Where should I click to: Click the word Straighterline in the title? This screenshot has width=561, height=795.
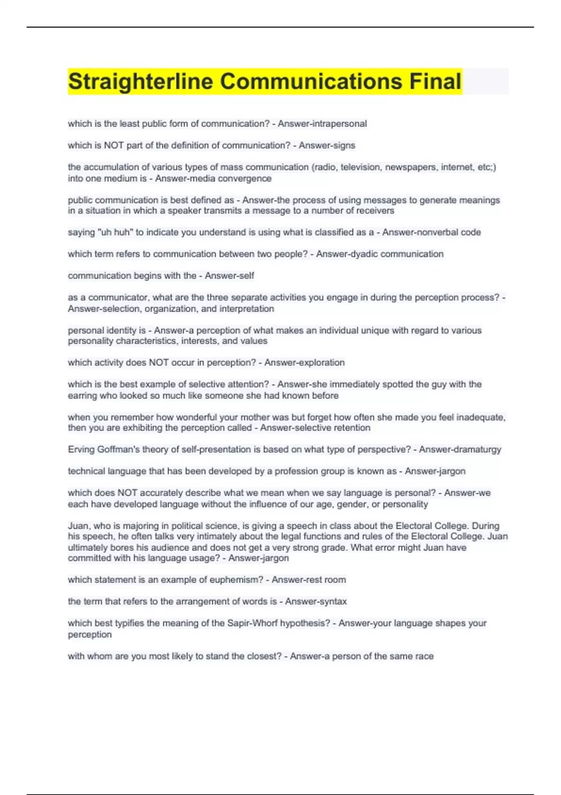(x=141, y=82)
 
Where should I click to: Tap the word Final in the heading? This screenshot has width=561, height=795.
(x=435, y=81)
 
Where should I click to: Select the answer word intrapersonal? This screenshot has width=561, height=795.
(x=339, y=124)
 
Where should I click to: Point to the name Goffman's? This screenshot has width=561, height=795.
(x=116, y=450)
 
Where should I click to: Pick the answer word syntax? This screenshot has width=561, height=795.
(x=331, y=602)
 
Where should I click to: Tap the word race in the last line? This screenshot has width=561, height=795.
(x=424, y=657)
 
